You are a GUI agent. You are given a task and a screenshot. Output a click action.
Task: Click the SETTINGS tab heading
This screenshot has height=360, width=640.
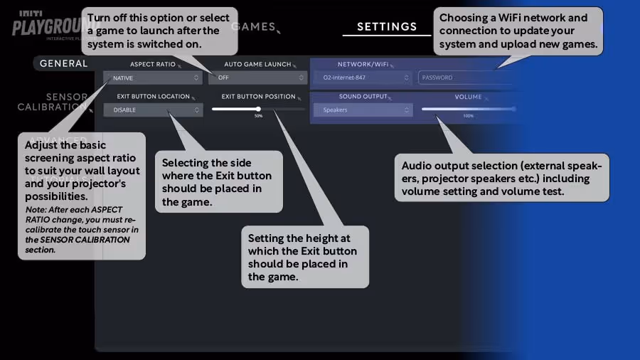tap(387, 27)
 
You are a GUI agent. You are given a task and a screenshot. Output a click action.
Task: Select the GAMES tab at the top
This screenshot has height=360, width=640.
tap(253, 27)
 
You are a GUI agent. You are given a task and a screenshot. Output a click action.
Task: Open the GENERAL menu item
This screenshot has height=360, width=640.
tap(63, 63)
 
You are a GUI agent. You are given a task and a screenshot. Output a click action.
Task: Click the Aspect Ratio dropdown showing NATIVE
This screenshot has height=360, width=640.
tap(153, 78)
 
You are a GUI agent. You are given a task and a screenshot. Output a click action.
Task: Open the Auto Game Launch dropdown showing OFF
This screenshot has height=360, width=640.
tap(257, 78)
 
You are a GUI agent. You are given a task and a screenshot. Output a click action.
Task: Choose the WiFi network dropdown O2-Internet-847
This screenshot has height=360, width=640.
tap(363, 78)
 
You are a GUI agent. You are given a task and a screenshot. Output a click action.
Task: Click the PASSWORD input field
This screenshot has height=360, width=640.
tap(462, 78)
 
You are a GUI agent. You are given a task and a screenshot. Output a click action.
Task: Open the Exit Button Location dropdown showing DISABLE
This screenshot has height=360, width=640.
tap(153, 110)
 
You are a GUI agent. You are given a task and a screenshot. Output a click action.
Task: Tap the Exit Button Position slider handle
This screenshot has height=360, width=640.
tap(258, 109)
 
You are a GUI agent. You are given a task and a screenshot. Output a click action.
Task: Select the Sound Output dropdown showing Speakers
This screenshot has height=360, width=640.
tap(363, 110)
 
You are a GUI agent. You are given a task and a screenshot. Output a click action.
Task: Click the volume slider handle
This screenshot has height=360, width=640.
tap(514, 109)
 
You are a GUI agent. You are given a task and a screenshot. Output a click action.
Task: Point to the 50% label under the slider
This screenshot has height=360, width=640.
tap(258, 116)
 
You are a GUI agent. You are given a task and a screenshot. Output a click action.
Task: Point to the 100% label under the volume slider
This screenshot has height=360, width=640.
tap(468, 116)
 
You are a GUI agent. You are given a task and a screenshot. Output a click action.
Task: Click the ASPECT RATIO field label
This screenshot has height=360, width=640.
tap(152, 65)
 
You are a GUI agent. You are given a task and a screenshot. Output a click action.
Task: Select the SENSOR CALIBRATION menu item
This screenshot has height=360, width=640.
tap(53, 102)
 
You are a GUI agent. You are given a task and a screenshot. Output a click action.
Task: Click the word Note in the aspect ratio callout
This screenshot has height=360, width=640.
tap(35, 210)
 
